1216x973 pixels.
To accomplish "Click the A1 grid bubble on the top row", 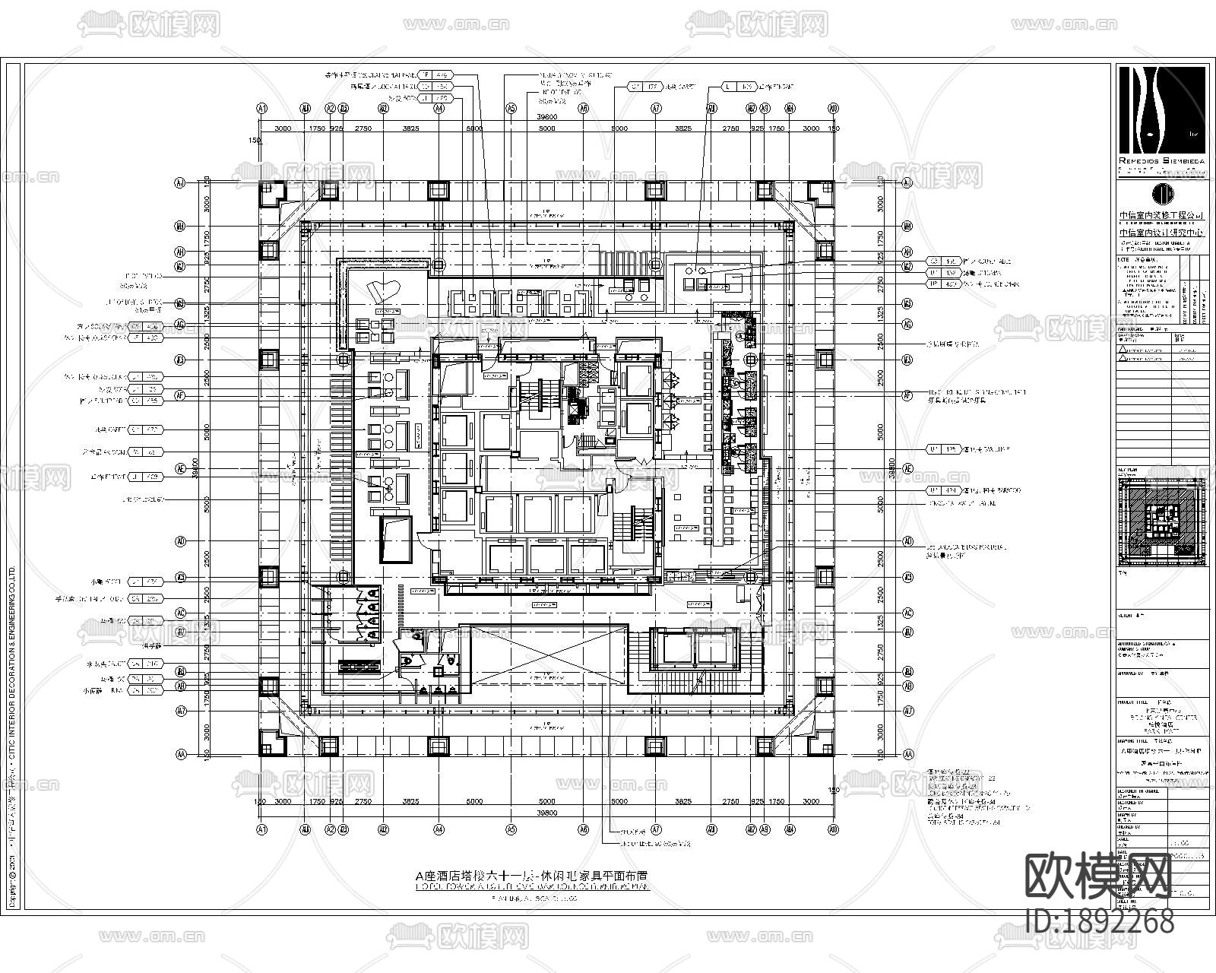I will coord(263,109).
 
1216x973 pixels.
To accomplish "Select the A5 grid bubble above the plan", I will coord(511,109).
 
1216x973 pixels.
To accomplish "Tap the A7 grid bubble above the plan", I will coord(656,109).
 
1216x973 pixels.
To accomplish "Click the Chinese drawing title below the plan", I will coord(532,875).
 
